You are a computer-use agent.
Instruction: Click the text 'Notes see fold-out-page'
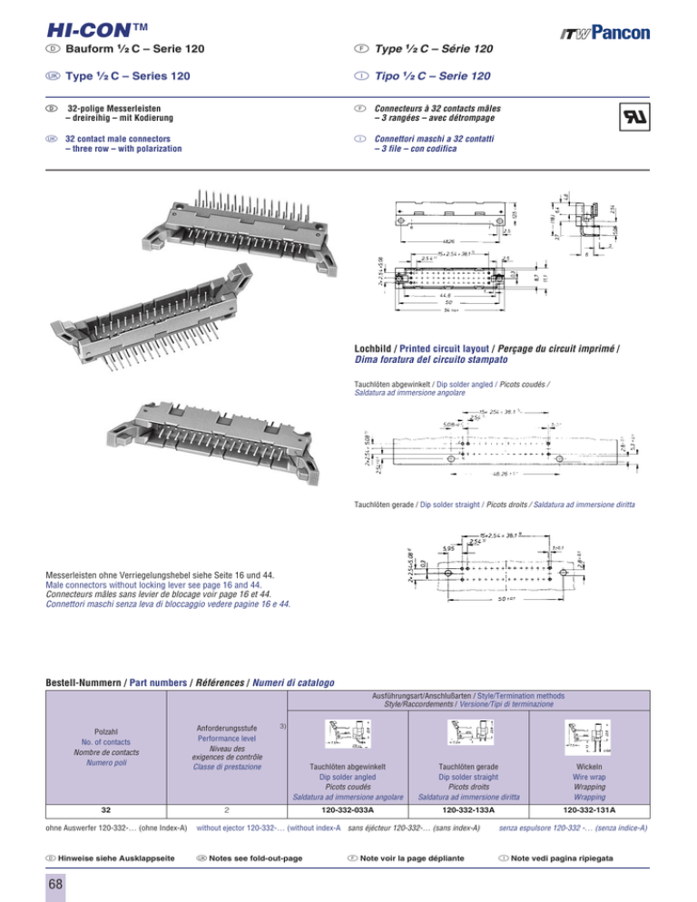tap(249, 858)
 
